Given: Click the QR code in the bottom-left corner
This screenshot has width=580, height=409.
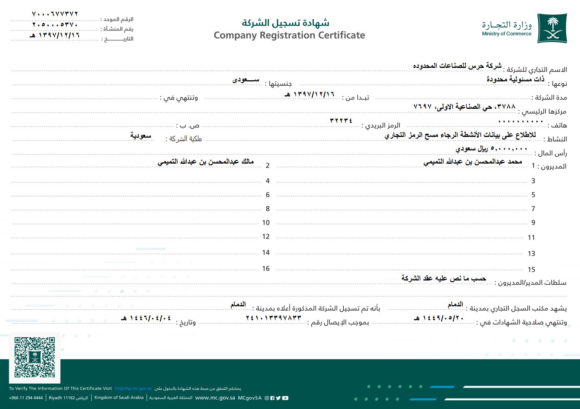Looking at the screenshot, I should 34,357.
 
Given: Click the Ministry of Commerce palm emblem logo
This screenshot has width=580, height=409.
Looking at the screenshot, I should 552,28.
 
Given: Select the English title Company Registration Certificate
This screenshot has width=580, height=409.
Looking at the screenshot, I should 289,35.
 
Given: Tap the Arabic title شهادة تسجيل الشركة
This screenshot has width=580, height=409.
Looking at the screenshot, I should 286,22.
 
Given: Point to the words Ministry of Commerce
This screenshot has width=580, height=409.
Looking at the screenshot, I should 506,34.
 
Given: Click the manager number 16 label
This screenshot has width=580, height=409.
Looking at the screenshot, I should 266,269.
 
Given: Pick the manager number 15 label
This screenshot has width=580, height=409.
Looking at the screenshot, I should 531,270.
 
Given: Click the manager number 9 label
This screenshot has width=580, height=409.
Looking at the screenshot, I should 533,223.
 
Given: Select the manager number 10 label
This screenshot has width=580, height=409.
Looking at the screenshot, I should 266,223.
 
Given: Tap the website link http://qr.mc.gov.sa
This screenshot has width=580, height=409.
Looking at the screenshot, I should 133,389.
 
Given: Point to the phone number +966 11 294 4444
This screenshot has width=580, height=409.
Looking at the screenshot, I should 26,398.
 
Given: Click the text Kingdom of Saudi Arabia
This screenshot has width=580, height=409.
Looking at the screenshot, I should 119,397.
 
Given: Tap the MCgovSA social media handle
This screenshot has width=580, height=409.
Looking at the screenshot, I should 250,398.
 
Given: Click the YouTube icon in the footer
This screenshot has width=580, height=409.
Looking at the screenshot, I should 285,398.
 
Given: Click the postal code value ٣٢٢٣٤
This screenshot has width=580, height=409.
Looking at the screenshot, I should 341,120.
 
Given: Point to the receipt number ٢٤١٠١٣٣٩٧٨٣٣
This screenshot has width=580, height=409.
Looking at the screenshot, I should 274,318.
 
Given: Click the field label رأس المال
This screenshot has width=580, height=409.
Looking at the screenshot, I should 552,153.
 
